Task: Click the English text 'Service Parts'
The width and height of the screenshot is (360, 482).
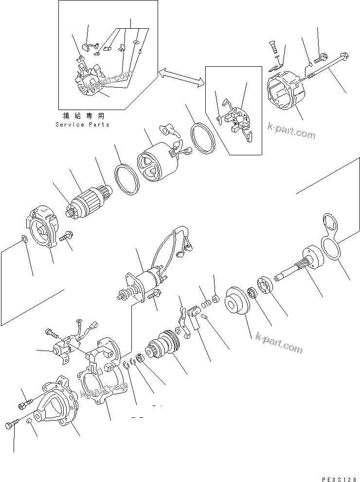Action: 82,125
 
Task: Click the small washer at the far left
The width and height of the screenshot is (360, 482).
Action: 24,239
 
